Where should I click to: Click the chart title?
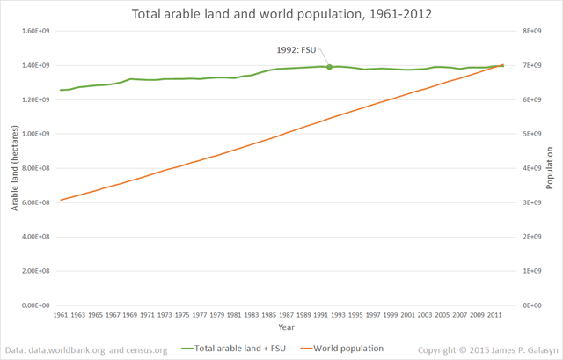281,15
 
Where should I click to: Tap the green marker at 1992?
329,67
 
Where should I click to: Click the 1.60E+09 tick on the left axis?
39,31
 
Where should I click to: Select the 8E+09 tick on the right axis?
522,31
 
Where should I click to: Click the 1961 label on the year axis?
61,314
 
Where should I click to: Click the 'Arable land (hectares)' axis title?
15,167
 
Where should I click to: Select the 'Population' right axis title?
550,167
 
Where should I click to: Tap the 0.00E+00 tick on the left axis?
39,305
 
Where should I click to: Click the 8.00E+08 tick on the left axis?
39,168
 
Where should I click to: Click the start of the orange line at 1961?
61,200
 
